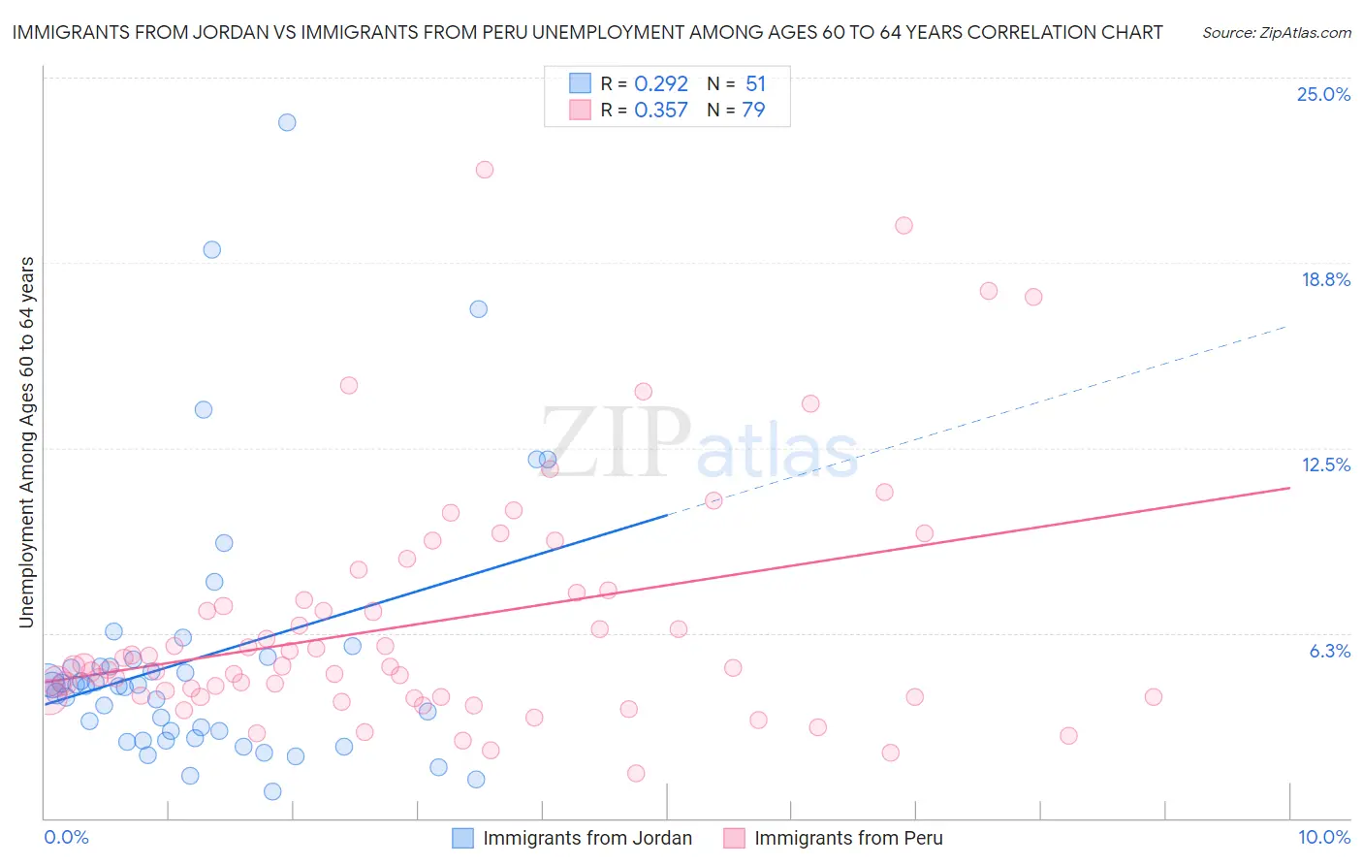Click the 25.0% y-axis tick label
tap(1323, 94)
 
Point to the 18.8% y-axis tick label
tap(1325, 279)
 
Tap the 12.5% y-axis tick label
tap(1325, 465)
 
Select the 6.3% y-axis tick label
tap(1329, 651)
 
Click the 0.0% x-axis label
tap(66, 838)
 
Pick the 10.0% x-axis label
tap(1323, 838)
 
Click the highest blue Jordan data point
tap(287, 122)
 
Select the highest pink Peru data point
tap(485, 170)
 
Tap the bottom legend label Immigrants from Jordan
tap(587, 839)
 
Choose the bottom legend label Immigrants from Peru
tap(848, 839)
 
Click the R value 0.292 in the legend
tap(661, 84)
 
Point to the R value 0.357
tap(661, 111)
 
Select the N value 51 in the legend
tap(755, 84)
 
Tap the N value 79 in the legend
tap(753, 111)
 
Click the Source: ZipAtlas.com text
tap(1276, 32)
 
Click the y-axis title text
tap(27, 441)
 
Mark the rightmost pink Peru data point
tap(1153, 696)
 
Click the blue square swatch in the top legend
tap(580, 83)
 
